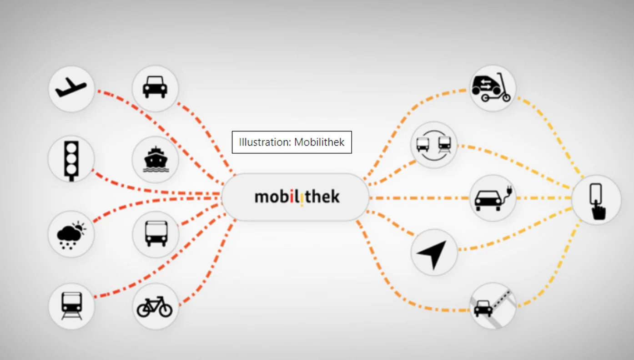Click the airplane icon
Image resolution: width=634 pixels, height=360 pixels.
(71, 88)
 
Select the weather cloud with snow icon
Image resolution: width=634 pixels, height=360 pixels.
(71, 234)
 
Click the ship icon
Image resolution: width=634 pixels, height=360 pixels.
(155, 159)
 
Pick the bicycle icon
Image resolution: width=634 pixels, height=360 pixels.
(155, 307)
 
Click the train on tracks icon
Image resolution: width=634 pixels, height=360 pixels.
(71, 305)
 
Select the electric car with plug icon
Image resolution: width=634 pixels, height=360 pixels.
(493, 198)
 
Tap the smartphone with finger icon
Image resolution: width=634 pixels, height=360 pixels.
(596, 200)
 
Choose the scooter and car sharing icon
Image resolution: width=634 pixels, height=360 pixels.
(493, 88)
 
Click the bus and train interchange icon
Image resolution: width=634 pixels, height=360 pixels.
(434, 145)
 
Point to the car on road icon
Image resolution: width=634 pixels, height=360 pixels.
(493, 306)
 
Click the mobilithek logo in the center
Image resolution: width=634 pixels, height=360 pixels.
(296, 197)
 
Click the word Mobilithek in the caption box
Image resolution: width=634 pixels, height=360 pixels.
(319, 142)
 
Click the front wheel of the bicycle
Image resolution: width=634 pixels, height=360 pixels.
(166, 310)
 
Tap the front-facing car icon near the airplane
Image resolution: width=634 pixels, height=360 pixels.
(155, 87)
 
